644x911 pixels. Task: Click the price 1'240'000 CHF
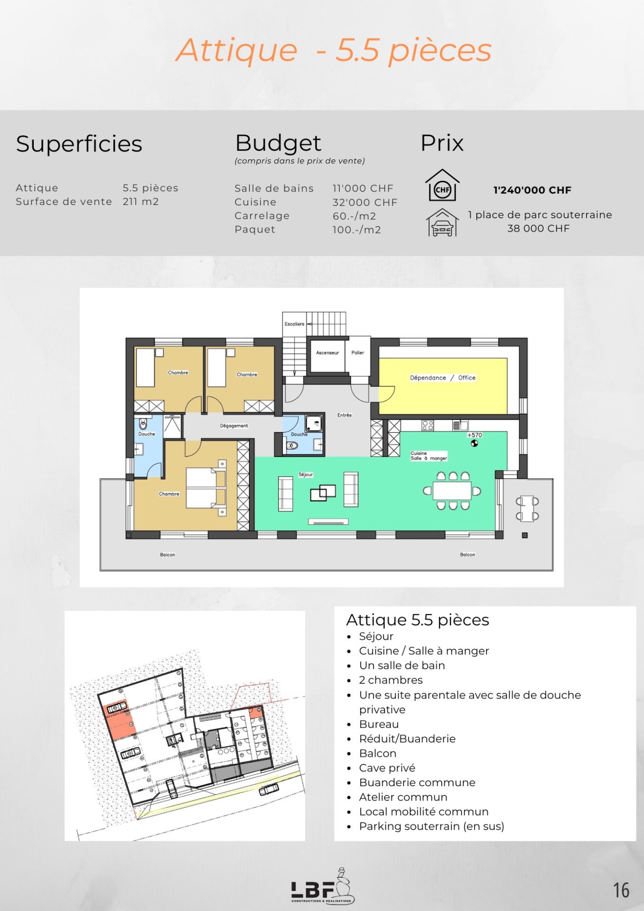[532, 190]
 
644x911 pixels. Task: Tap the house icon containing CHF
[442, 185]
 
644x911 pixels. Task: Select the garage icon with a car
[442, 223]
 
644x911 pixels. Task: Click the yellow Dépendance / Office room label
[443, 378]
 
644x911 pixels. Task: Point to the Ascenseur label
[327, 353]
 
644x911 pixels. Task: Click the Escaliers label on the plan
[294, 324]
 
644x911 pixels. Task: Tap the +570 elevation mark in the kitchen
[475, 435]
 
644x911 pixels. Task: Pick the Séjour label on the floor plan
[306, 474]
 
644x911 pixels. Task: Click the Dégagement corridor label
[234, 426]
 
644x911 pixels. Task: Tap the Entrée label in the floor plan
[345, 415]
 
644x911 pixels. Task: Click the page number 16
[621, 890]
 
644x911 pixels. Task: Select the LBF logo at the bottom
[323, 886]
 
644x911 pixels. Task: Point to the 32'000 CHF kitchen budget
[365, 202]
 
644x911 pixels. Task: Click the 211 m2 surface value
[141, 202]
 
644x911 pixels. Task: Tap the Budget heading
[278, 143]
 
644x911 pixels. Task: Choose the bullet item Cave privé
[387, 768]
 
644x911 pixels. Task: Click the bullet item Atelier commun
[403, 797]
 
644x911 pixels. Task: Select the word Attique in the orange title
[237, 51]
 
